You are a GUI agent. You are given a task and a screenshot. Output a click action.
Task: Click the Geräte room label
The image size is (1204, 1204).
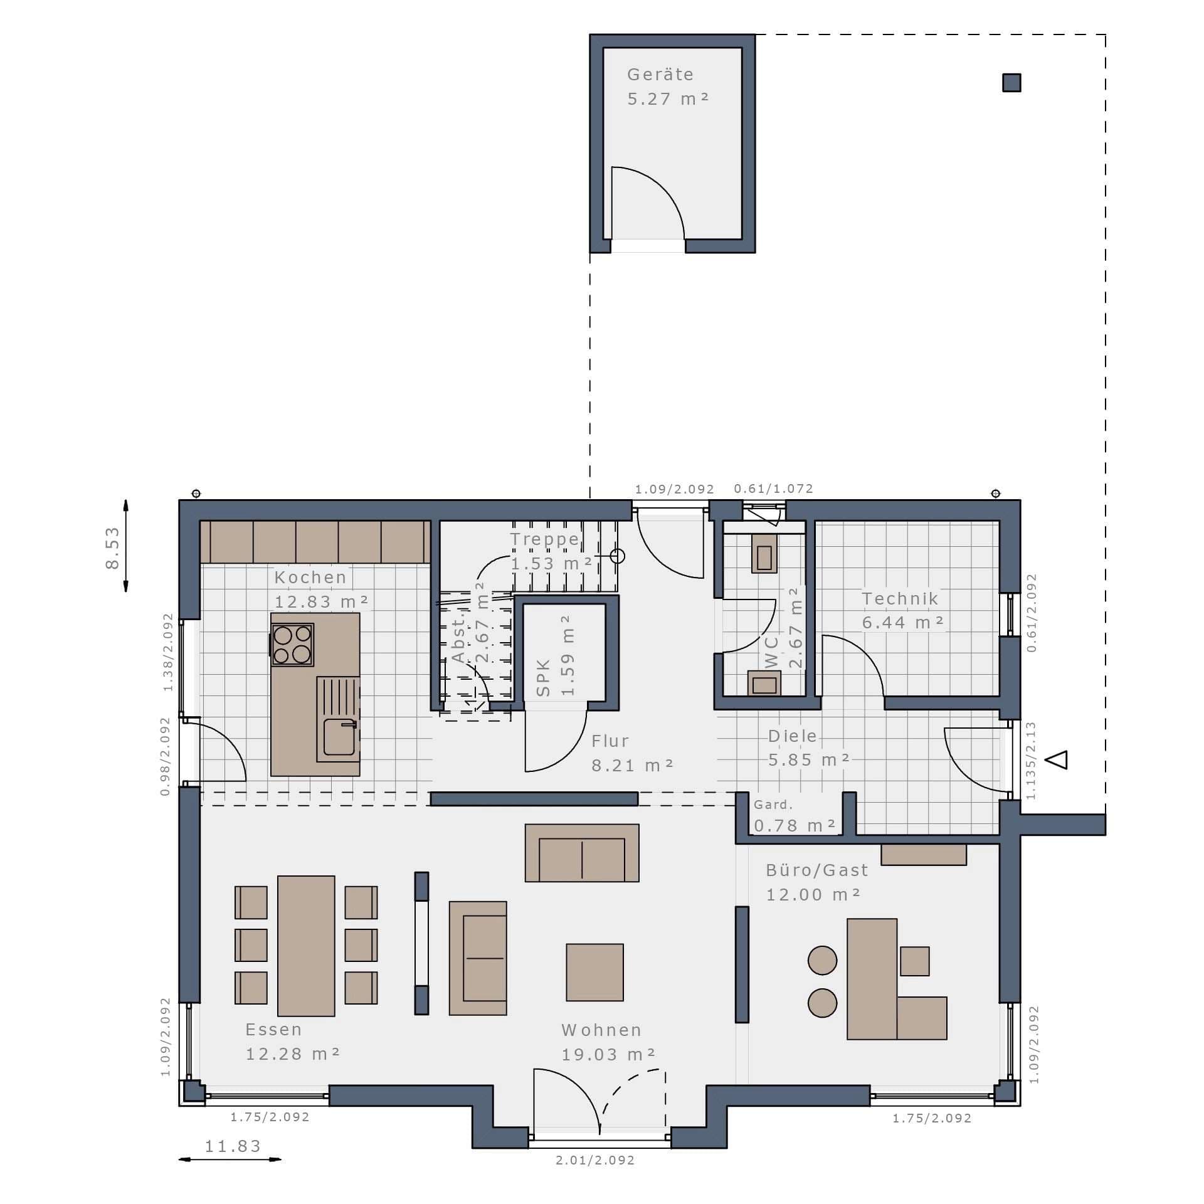pyautogui.click(x=660, y=75)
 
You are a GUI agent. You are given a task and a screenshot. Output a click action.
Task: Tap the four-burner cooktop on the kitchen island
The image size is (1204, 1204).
pyautogui.click(x=292, y=645)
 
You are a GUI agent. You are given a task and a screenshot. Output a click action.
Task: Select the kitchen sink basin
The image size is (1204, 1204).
pyautogui.click(x=339, y=737)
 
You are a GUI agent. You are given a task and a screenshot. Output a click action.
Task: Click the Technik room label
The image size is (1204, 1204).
pyautogui.click(x=900, y=599)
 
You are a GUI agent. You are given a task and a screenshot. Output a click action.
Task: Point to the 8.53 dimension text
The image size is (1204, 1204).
pyautogui.click(x=112, y=547)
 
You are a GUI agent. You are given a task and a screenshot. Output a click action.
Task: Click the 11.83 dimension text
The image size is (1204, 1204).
pyautogui.click(x=233, y=1146)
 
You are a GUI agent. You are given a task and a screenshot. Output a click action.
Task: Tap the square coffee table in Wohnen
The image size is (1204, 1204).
pyautogui.click(x=594, y=973)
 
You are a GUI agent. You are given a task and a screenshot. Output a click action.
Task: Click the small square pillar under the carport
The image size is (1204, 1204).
pyautogui.click(x=1011, y=83)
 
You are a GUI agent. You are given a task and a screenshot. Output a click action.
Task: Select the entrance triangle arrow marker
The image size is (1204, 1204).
pyautogui.click(x=1059, y=759)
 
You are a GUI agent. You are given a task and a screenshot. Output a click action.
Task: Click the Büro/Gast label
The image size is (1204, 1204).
pyautogui.click(x=817, y=870)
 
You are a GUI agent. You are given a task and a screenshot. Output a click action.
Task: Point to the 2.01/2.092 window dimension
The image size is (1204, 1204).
pyautogui.click(x=595, y=1161)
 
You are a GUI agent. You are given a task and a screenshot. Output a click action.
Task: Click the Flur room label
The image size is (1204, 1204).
pyautogui.click(x=610, y=741)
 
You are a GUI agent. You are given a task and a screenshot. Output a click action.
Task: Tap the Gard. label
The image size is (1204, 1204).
pyautogui.click(x=773, y=805)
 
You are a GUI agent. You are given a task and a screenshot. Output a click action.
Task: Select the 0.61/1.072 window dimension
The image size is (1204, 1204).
pyautogui.click(x=774, y=488)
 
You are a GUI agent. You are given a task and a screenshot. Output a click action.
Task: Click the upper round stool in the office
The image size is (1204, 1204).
pyautogui.click(x=822, y=961)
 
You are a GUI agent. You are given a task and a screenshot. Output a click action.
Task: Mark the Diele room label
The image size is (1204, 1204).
pyautogui.click(x=793, y=736)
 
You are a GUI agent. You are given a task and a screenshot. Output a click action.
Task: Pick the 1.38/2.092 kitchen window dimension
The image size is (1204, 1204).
pyautogui.click(x=167, y=652)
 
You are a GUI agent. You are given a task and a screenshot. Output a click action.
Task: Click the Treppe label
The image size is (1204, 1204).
pyautogui.click(x=544, y=539)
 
